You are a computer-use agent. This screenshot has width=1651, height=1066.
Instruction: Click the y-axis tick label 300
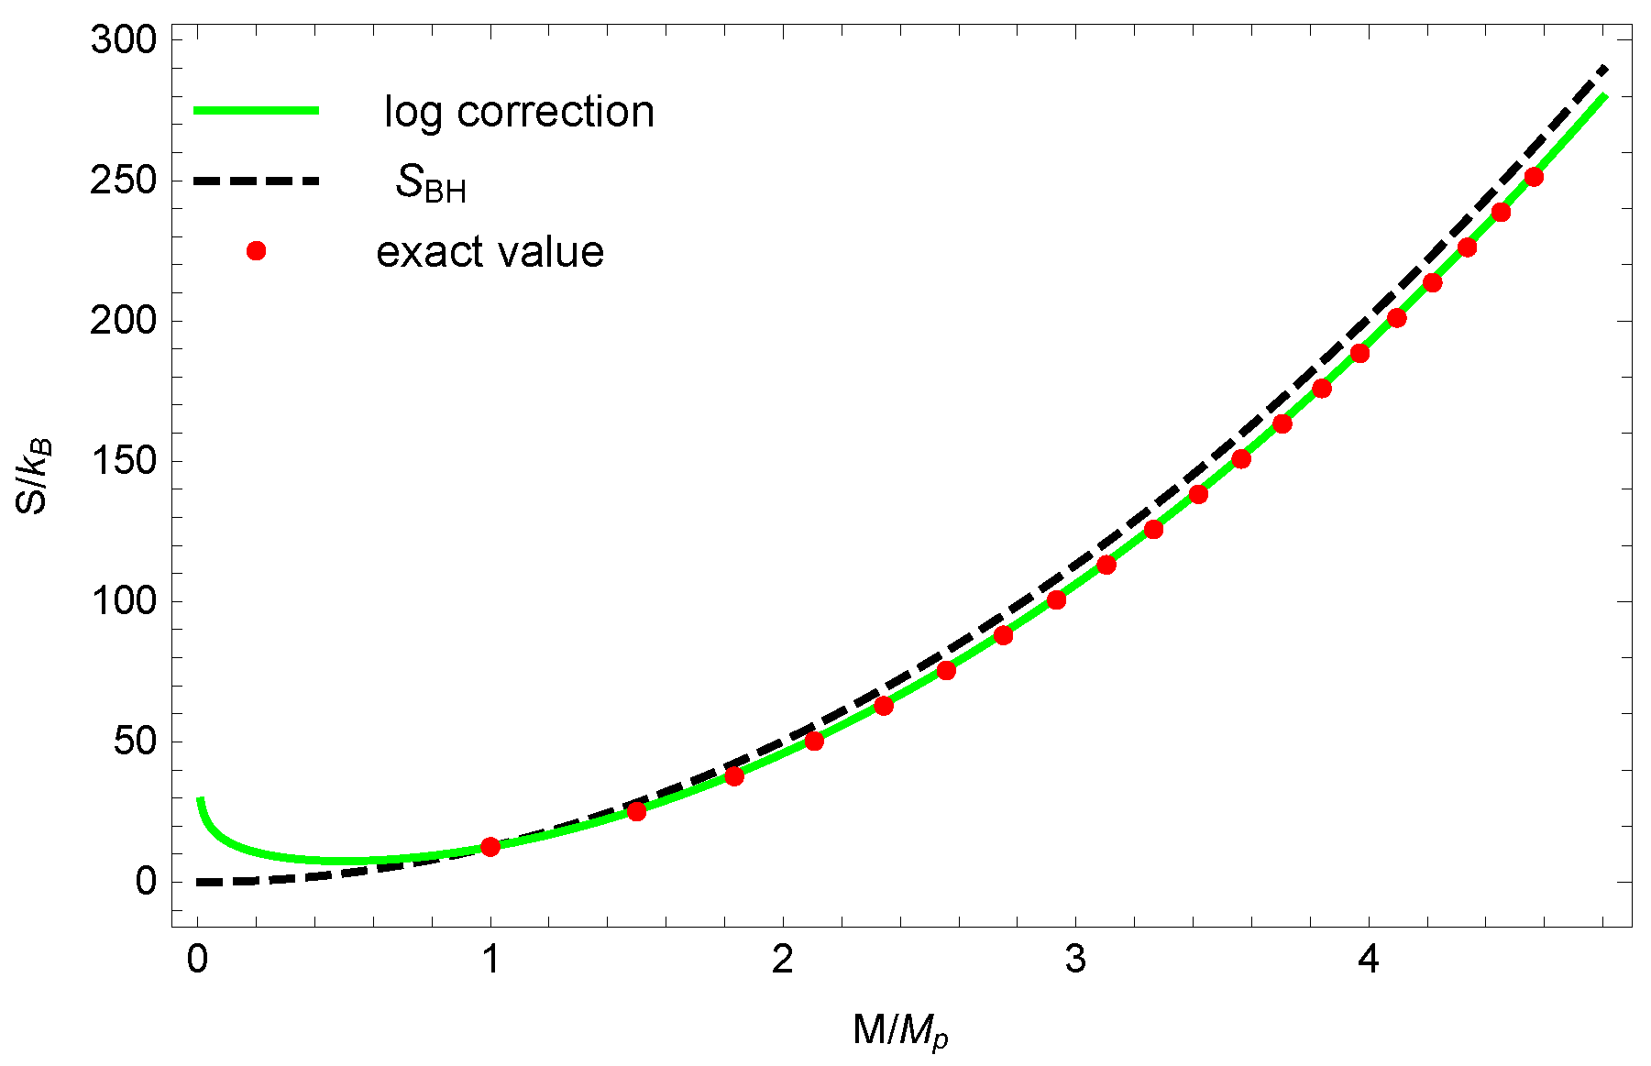click(x=123, y=40)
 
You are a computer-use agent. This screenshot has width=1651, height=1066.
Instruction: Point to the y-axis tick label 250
click(x=123, y=181)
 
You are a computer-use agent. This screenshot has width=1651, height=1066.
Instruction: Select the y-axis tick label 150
click(x=123, y=461)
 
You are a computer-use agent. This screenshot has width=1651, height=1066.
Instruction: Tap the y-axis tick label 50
click(x=135, y=742)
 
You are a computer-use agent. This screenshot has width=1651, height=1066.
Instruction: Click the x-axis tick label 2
click(x=782, y=961)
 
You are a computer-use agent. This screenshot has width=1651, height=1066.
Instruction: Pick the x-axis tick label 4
click(x=1368, y=961)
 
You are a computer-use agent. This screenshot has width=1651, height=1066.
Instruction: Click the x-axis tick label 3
click(x=1075, y=961)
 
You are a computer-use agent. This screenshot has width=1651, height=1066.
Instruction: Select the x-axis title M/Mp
click(x=900, y=1031)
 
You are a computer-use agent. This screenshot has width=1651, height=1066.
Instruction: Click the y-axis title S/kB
click(x=37, y=477)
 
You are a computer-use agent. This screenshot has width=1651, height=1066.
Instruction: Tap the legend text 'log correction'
click(x=519, y=112)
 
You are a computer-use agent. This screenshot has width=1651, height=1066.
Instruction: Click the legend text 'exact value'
click(x=490, y=252)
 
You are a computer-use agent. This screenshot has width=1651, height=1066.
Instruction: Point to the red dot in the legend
click(x=257, y=251)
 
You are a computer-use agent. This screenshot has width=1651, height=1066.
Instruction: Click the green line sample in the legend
click(x=257, y=111)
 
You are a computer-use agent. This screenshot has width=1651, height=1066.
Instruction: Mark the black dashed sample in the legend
click(x=257, y=181)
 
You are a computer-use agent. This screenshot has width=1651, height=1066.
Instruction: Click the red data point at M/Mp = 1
click(x=490, y=846)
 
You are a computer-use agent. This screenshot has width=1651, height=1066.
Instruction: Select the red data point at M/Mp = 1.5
click(x=636, y=811)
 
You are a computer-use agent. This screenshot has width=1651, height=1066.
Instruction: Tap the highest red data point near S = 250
click(x=1534, y=177)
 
